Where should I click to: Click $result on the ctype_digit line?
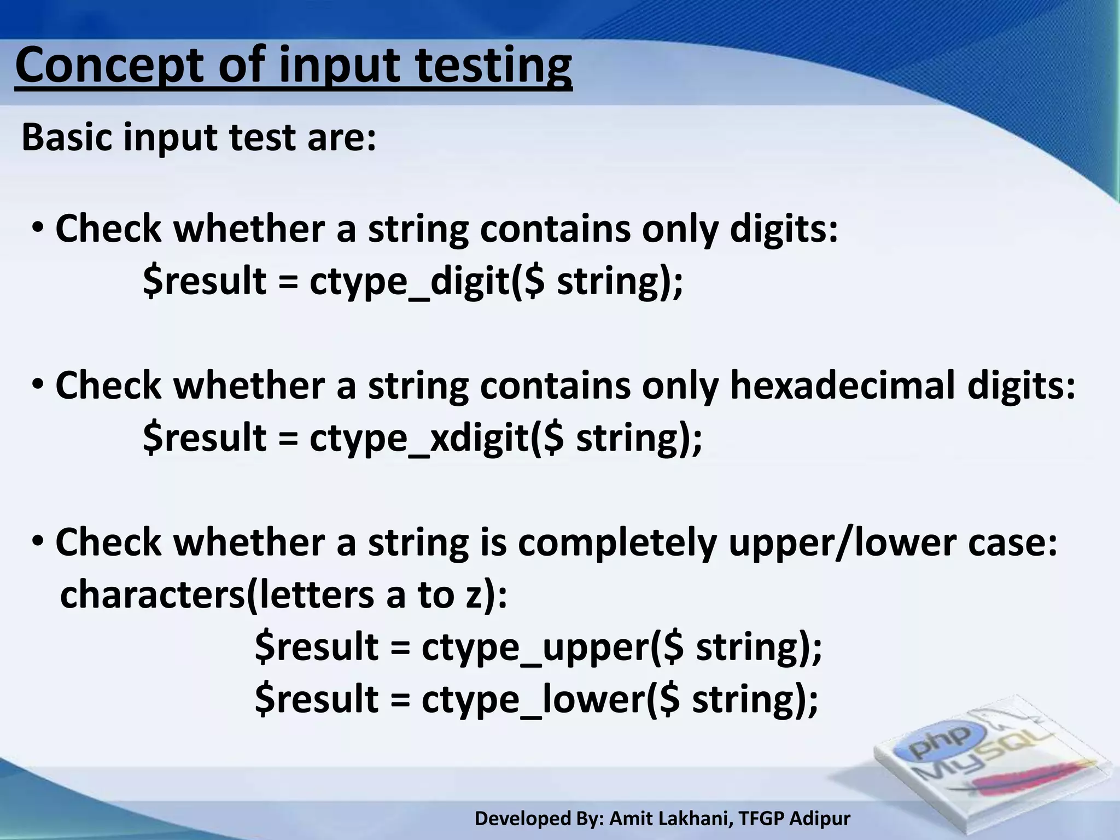pyautogui.click(x=205, y=282)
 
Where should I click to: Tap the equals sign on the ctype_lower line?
pyautogui.click(x=400, y=700)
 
